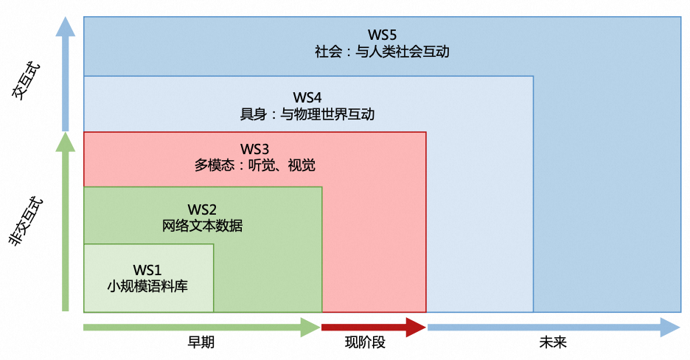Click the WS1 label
(147, 269)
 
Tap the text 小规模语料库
(147, 286)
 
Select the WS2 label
(202, 210)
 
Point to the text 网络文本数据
(202, 226)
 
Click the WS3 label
(255, 149)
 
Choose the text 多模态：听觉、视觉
(255, 166)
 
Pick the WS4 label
(307, 97)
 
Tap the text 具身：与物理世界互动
(307, 114)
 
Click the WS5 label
(382, 35)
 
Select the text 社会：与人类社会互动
(382, 52)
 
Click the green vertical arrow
(66, 221)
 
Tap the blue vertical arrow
(66, 74)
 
